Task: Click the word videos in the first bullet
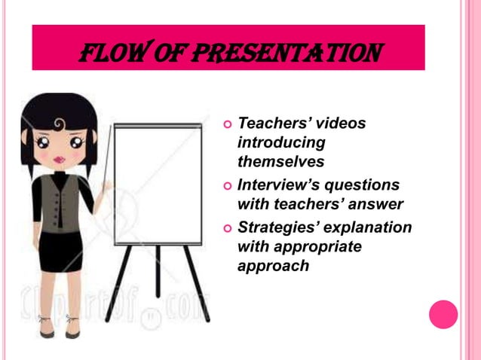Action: (x=338, y=123)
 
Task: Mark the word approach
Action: (x=273, y=266)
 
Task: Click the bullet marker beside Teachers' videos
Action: (x=225, y=123)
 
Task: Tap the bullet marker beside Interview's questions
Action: (x=225, y=185)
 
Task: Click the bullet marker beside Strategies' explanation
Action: (x=225, y=227)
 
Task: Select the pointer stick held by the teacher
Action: (x=109, y=158)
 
